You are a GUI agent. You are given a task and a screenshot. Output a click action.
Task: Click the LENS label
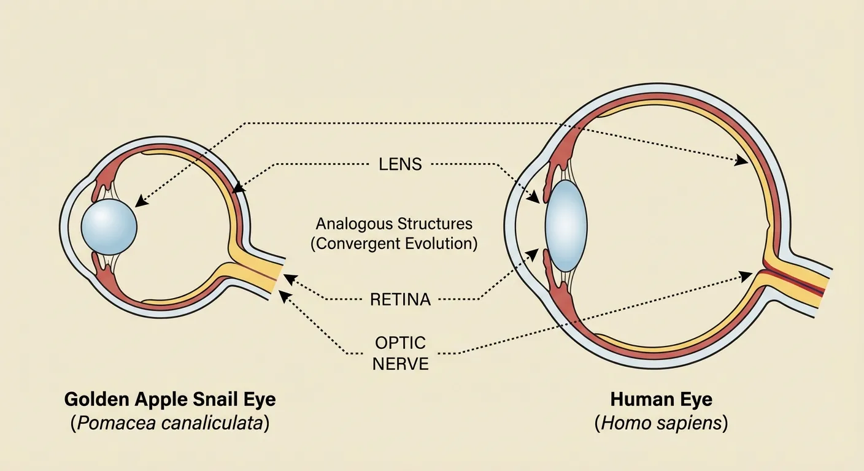click(x=399, y=164)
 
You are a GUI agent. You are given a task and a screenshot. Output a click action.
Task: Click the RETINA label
click(x=400, y=300)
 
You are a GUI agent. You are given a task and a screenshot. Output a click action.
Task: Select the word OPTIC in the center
click(x=400, y=342)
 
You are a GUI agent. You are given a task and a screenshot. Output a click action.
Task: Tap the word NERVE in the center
click(x=400, y=363)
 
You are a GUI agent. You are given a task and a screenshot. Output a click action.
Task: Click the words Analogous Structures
click(x=393, y=223)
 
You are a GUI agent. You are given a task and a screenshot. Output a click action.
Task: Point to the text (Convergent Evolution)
click(x=393, y=243)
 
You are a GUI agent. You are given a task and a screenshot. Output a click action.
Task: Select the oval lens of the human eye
click(x=566, y=226)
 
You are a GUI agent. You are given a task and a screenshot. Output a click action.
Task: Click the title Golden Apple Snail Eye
click(x=170, y=400)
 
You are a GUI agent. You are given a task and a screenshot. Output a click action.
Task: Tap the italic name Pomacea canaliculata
click(x=170, y=424)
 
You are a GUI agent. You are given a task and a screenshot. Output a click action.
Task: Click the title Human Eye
click(x=661, y=400)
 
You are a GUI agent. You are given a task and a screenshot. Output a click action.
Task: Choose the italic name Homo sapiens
click(x=661, y=424)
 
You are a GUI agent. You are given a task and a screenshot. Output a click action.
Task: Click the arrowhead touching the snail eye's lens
click(x=140, y=201)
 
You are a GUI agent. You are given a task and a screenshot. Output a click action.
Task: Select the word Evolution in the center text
click(x=438, y=243)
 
